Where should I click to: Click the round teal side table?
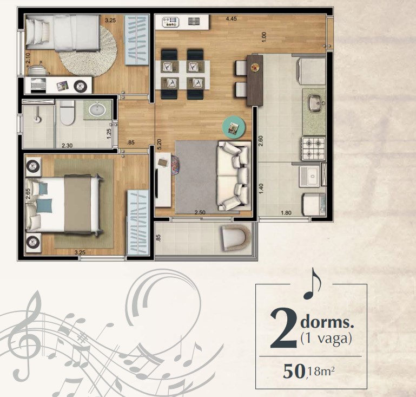[234, 127]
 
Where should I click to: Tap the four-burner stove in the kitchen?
[313, 149]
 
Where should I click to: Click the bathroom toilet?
[67, 112]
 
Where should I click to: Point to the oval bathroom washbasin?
[97, 109]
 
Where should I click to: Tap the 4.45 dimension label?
[231, 18]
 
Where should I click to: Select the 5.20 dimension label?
[159, 144]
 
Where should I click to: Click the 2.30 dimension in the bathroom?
[67, 145]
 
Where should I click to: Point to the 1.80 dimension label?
[286, 213]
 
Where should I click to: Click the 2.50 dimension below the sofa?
[200, 212]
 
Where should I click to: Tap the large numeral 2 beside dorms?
[283, 329]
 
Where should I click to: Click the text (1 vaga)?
[326, 339]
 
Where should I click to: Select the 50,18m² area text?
[308, 371]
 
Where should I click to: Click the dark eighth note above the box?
[312, 284]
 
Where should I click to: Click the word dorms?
[327, 322]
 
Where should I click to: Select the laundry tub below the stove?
[310, 177]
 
